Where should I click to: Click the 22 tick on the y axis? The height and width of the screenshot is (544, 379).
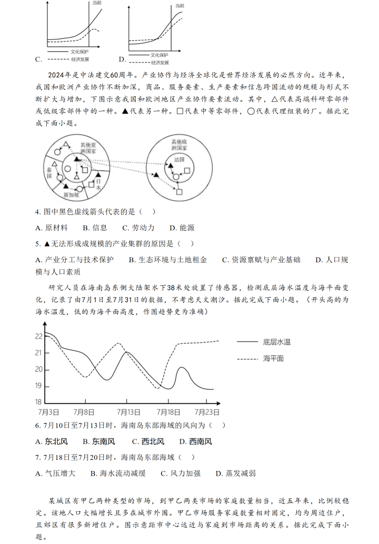tap(38, 336)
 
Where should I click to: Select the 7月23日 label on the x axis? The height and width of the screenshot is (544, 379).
tap(207, 412)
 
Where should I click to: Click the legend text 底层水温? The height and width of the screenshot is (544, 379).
tap(276, 342)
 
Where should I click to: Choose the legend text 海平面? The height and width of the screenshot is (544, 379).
tap(273, 358)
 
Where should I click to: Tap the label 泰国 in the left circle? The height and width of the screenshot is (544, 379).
tap(50, 173)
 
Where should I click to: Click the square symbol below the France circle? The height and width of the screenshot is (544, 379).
tap(179, 192)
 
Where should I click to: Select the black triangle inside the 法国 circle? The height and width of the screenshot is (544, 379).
tap(170, 166)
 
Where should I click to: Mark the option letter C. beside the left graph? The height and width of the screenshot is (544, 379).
tap(38, 60)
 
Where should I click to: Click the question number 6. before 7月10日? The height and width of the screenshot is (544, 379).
tap(38, 425)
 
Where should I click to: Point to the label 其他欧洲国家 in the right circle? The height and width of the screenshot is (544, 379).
tap(179, 145)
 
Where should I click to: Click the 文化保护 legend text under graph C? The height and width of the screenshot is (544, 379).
tap(79, 52)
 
